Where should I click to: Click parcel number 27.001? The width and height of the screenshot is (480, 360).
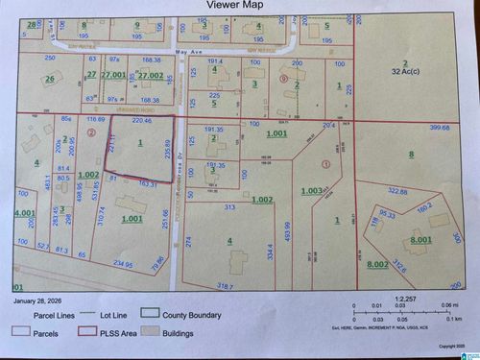coord(113,74)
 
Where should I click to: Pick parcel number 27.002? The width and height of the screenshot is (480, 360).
coord(151,74)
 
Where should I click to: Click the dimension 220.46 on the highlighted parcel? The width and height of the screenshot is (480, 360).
coord(142,122)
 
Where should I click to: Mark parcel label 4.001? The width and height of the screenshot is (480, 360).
coord(23,212)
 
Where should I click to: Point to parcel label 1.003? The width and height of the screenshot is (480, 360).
coord(312,191)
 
